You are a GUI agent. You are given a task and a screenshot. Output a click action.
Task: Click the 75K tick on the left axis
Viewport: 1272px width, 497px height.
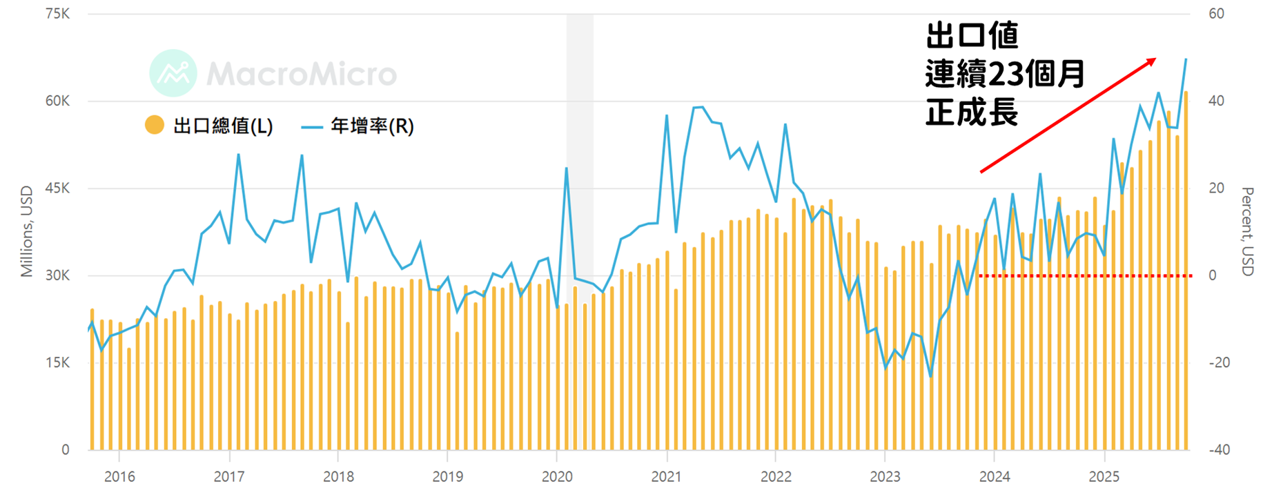pos(57,14)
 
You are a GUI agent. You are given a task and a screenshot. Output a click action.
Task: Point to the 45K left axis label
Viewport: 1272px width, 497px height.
pos(57,188)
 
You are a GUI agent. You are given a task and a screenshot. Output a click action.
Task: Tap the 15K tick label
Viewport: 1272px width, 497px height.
pos(57,363)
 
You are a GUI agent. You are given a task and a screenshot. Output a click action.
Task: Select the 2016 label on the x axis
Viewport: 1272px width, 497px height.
pos(119,477)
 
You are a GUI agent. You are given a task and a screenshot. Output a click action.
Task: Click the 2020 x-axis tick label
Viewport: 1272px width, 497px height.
pos(557,477)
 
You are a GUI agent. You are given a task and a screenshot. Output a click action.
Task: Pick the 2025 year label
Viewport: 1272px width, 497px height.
pos(1104,477)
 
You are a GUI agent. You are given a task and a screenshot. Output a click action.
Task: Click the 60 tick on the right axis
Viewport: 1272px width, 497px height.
pos(1216,14)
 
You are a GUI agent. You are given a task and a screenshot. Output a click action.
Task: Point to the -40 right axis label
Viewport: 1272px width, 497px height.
pos(1220,450)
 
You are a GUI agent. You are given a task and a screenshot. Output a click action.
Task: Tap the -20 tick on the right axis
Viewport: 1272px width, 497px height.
pos(1220,363)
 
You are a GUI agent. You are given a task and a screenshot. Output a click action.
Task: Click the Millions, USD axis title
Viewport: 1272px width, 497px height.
pos(27,232)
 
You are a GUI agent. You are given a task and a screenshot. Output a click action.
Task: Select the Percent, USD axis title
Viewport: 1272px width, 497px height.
pos(1247,232)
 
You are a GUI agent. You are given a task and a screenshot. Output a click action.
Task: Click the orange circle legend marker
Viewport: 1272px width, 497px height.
pos(155,125)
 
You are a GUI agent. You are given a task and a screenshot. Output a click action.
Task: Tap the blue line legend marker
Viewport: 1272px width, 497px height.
pos(312,127)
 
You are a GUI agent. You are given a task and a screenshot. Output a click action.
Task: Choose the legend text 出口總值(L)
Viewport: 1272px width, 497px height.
pos(223,126)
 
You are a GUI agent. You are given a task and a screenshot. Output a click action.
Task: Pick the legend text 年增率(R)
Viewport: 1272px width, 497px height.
pos(372,126)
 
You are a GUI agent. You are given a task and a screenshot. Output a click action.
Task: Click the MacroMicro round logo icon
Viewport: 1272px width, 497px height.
pos(173,73)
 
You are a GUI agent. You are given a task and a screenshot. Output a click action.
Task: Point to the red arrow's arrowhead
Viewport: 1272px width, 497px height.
pos(1151,61)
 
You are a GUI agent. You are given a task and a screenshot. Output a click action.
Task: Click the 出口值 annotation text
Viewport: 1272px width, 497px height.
pos(972,35)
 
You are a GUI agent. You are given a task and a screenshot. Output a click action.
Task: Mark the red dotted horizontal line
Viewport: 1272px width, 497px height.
pos(1086,276)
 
